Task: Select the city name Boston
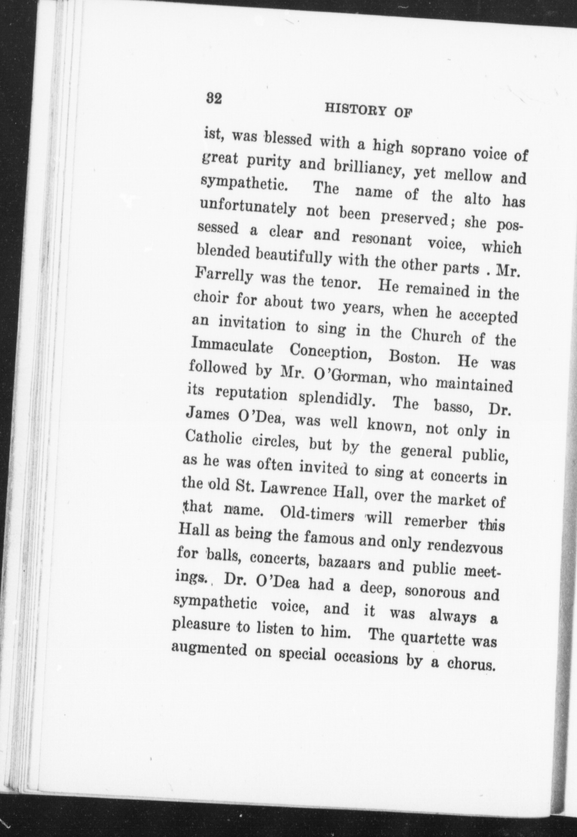pyautogui.click(x=413, y=357)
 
